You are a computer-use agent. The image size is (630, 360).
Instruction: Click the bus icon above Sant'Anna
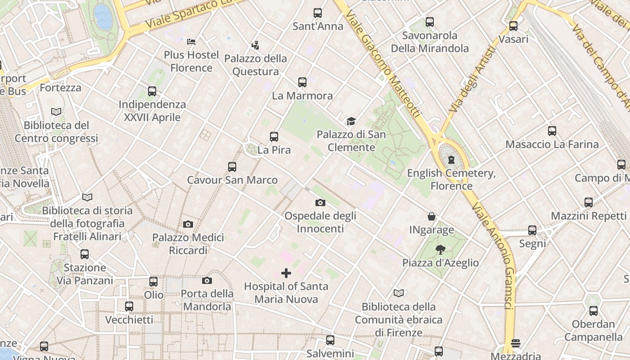318,13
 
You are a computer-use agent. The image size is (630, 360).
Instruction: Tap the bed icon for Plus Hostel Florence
191,42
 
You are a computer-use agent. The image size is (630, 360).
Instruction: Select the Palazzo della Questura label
256,65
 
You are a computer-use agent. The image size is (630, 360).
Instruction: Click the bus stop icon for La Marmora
302,82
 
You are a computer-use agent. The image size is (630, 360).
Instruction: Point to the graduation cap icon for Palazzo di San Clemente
351,121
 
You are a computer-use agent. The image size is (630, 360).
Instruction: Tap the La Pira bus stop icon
274,137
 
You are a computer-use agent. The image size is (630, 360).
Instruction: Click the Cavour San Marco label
232,180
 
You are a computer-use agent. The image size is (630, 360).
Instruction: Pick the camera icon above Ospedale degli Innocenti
320,202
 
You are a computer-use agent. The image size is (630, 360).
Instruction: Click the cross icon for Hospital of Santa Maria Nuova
286,273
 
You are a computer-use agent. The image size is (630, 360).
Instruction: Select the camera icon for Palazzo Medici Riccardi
188,224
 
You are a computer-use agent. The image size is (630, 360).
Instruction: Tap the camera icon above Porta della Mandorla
207,281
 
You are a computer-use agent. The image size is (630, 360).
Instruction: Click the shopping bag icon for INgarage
432,217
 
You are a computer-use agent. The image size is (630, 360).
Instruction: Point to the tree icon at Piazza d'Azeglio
441,249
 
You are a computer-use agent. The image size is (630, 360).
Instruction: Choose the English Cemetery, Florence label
451,179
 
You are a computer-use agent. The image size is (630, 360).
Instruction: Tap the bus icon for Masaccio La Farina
552,131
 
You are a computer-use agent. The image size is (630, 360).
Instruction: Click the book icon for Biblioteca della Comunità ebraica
399,293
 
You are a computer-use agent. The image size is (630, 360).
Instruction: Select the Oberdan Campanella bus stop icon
594,310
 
